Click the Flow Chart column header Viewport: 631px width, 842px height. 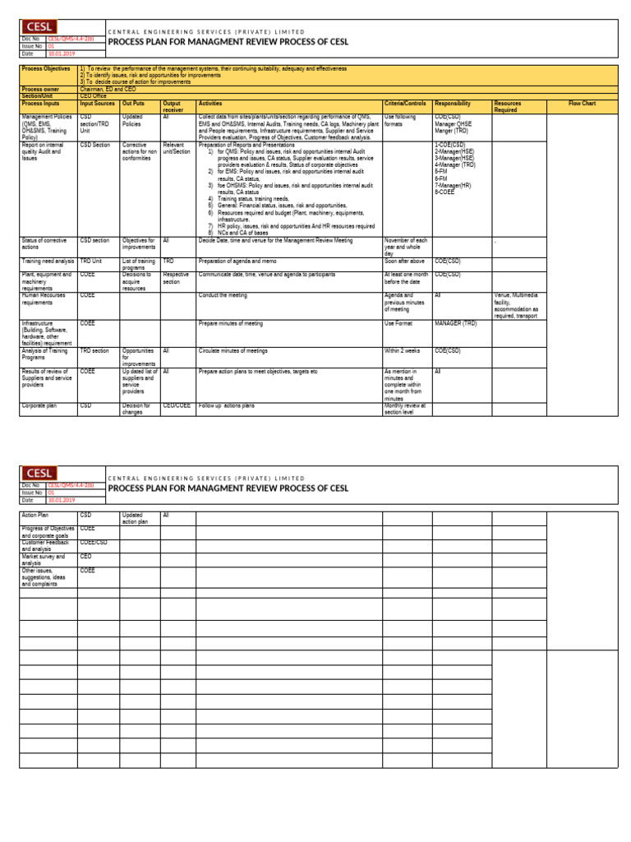(x=582, y=104)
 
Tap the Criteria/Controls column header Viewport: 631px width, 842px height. (x=405, y=104)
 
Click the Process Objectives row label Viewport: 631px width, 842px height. (x=46, y=69)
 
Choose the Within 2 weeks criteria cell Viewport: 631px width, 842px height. (x=403, y=351)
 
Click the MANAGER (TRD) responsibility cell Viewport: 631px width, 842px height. (x=456, y=324)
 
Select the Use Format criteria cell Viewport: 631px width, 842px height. (x=398, y=324)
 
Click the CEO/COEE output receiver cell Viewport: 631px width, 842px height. (x=177, y=405)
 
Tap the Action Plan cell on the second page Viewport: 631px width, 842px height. (x=35, y=515)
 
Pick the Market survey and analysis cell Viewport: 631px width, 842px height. (x=43, y=559)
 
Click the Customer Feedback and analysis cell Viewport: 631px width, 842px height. (x=46, y=545)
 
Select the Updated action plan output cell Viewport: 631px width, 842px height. (x=136, y=518)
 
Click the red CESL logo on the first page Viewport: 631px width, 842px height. (x=40, y=27)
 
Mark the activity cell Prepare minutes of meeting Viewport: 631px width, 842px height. (x=232, y=324)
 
